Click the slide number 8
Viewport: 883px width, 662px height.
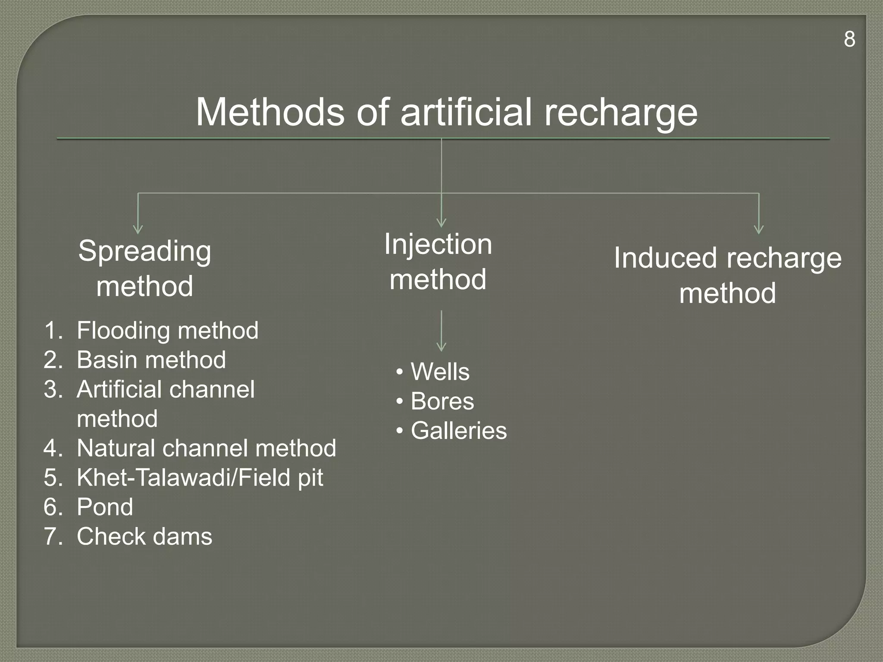(849, 39)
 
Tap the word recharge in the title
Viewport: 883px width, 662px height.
(620, 113)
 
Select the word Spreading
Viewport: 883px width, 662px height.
(145, 251)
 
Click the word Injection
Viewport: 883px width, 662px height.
(438, 244)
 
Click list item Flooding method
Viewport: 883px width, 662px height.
(167, 331)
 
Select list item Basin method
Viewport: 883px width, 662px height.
(151, 360)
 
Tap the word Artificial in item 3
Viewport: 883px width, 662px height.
(119, 389)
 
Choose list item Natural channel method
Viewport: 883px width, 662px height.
(206, 448)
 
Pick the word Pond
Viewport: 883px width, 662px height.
(105, 507)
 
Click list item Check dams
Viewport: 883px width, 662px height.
(144, 537)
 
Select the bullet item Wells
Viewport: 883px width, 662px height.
(440, 372)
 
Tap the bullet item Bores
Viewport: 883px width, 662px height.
(442, 401)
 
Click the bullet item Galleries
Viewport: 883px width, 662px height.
(459, 431)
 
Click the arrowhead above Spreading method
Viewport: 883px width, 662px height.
(138, 229)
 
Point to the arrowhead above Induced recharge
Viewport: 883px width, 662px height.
(759, 229)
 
